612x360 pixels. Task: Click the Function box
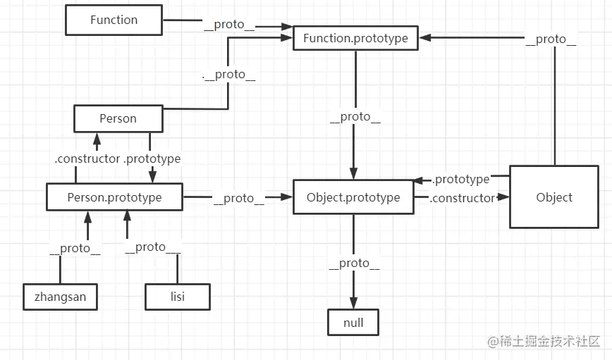point(114,20)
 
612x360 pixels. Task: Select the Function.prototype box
point(355,38)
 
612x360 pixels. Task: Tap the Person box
point(118,118)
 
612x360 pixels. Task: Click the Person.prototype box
point(114,197)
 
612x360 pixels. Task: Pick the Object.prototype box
point(353,197)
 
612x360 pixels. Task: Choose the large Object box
point(553,197)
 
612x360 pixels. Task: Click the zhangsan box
point(60,297)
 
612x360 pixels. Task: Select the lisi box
point(178,297)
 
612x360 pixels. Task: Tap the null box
point(353,322)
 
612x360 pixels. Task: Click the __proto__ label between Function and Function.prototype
point(229,25)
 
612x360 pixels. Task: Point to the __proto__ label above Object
point(551,39)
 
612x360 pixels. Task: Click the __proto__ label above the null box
point(354,263)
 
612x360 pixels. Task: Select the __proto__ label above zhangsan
point(75,248)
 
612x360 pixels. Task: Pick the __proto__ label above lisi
point(153,247)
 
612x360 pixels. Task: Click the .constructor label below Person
point(87,159)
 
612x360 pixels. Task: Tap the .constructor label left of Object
point(463,199)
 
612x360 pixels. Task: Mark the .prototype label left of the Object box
point(461,180)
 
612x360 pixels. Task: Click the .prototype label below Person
point(152,159)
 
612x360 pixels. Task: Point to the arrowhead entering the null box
point(353,303)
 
